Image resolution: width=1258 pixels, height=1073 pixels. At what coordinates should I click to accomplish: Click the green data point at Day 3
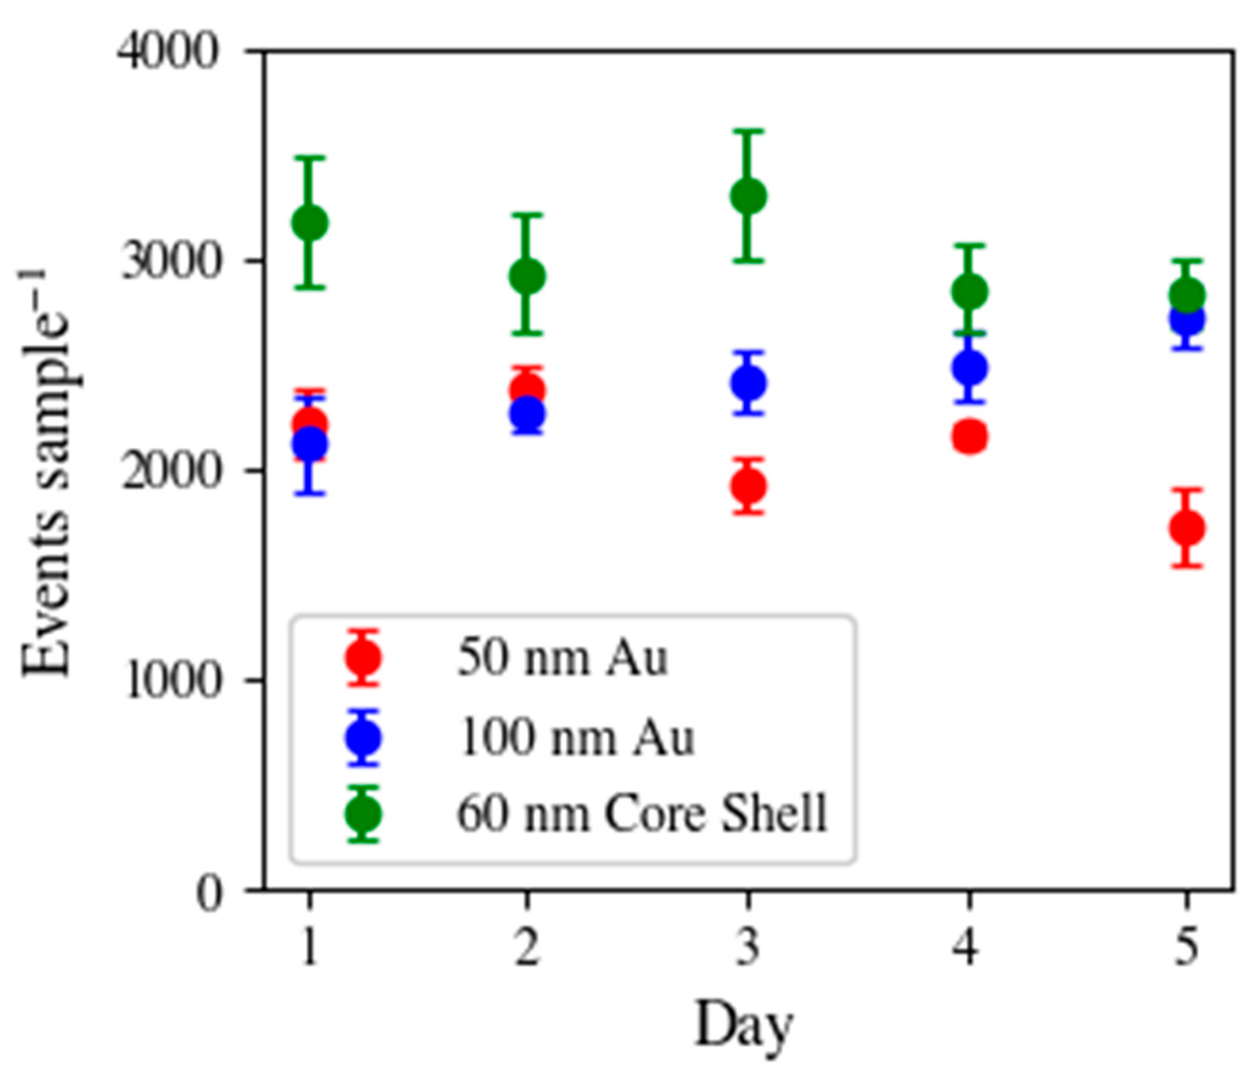click(748, 196)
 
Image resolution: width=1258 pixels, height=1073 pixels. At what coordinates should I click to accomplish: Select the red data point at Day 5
click(1187, 528)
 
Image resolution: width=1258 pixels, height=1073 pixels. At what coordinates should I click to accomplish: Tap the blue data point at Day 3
click(748, 383)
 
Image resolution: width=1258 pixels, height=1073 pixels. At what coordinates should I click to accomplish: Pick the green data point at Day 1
click(310, 223)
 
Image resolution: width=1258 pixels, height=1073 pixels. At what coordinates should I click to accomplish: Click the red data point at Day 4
click(969, 436)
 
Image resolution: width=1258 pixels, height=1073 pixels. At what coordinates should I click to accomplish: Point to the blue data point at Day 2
click(527, 414)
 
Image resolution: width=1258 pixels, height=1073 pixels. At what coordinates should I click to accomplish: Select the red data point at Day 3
click(748, 486)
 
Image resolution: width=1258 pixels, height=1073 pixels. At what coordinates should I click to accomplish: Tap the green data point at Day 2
click(527, 276)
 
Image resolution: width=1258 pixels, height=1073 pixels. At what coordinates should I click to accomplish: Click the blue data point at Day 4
click(969, 367)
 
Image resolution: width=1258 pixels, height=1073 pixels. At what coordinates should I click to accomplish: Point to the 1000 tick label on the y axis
click(171, 681)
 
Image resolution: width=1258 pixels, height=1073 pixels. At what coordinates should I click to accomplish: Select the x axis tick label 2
click(527, 948)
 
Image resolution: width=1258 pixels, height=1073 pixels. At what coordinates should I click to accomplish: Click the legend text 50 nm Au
click(561, 658)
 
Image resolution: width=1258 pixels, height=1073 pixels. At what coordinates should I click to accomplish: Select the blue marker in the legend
click(363, 737)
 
